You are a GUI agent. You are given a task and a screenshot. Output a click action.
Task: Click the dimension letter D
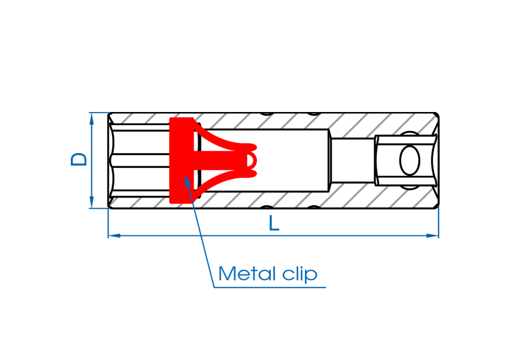79,159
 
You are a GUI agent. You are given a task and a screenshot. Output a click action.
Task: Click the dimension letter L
274,223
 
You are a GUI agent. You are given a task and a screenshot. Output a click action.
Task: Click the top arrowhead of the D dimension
91,117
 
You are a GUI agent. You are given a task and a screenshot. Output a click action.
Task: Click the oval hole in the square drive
409,161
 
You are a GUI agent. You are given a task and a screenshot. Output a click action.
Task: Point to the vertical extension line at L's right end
439,223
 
